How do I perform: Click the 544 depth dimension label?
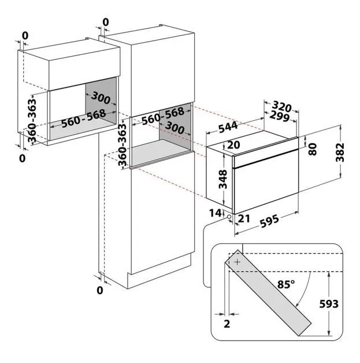pyautogui.click(x=228, y=127)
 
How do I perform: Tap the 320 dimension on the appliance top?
pyautogui.click(x=281, y=107)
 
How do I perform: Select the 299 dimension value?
pyautogui.click(x=280, y=116)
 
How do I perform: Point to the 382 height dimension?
pyautogui.click(x=340, y=153)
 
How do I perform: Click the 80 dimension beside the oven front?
pyautogui.click(x=313, y=149)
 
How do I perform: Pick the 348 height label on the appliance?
pyautogui.click(x=223, y=179)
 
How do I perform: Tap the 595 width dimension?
pyautogui.click(x=269, y=221)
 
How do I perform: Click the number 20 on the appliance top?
pyautogui.click(x=233, y=145)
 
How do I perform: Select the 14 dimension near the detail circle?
pyautogui.click(x=215, y=213)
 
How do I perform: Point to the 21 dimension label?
pyautogui.click(x=244, y=218)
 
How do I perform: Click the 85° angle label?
pyautogui.click(x=287, y=284)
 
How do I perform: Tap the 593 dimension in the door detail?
pyautogui.click(x=329, y=304)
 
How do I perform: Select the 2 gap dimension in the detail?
pyautogui.click(x=227, y=324)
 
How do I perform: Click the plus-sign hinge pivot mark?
pyautogui.click(x=237, y=262)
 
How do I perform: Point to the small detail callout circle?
pyautogui.click(x=229, y=217)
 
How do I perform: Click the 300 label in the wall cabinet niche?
pyautogui.click(x=101, y=98)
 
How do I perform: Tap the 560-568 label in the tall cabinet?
pyautogui.click(x=163, y=116)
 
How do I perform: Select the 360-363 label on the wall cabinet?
pyautogui.click(x=32, y=120)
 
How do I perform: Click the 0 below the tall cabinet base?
pyautogui.click(x=100, y=290)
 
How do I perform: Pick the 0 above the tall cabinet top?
pyautogui.click(x=106, y=23)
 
